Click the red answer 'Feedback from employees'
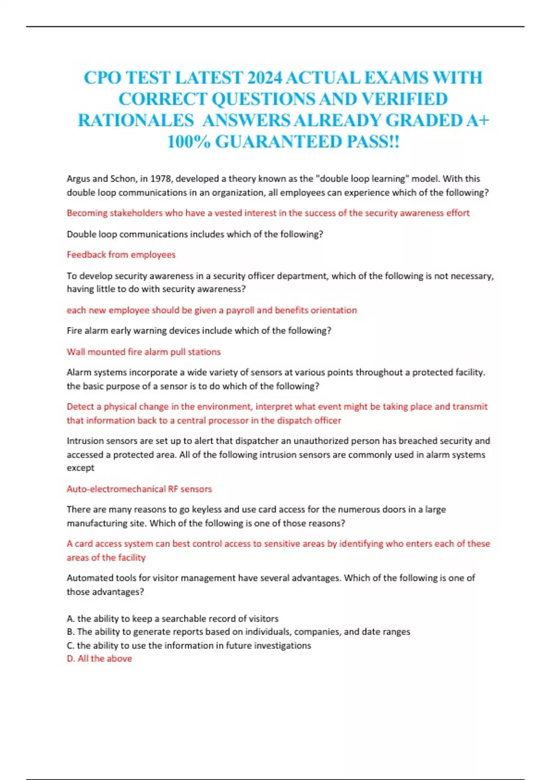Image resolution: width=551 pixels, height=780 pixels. (x=121, y=255)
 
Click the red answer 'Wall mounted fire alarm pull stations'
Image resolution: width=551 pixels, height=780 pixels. (x=143, y=352)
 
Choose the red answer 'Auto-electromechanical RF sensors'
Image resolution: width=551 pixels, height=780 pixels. (x=139, y=489)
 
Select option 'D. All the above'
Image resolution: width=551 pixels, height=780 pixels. (x=99, y=659)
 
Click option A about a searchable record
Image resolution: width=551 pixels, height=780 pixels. (x=173, y=618)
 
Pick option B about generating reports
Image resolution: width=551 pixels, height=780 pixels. (x=238, y=632)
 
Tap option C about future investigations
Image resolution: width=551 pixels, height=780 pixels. (x=189, y=646)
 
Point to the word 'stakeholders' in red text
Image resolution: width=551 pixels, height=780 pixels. (x=136, y=213)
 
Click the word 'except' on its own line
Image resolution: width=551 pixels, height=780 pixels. (x=80, y=468)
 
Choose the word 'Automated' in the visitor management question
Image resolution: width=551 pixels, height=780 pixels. (x=89, y=578)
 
